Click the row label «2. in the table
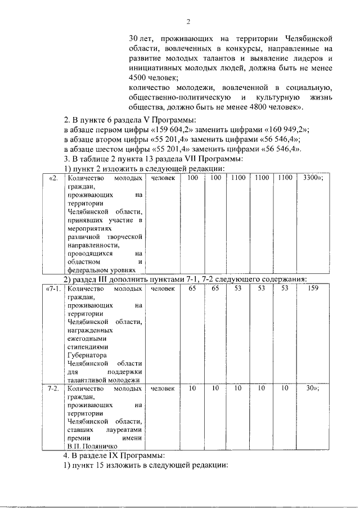(x=53, y=178)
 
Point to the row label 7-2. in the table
(x=53, y=389)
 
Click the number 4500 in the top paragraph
(x=137, y=78)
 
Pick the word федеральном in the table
(x=88, y=271)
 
